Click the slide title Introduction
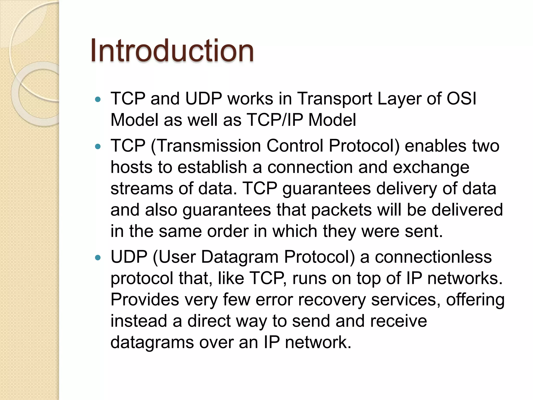pyautogui.click(x=172, y=51)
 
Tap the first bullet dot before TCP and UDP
pyautogui.click(x=98, y=99)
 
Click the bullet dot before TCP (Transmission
pyautogui.click(x=98, y=147)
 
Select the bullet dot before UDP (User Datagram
pyautogui.click(x=98, y=258)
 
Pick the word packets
pyautogui.click(x=341, y=210)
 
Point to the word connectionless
pyautogui.click(x=433, y=257)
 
